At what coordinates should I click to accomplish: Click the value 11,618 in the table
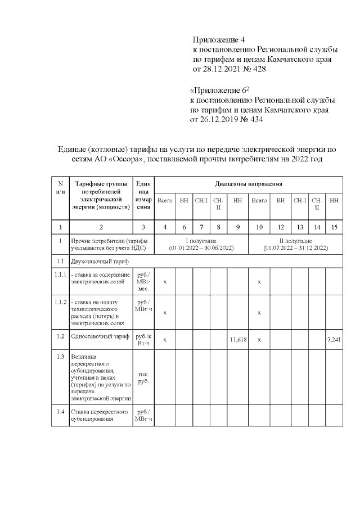239,340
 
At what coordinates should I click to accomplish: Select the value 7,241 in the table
335,340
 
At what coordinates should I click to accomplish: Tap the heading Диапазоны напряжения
248,184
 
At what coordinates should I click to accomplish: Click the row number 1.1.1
60,274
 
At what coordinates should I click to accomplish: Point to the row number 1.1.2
60,303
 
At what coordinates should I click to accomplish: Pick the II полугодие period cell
295,244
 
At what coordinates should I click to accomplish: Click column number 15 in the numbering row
334,227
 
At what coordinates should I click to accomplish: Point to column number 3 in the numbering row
143,227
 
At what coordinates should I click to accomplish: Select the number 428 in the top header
258,70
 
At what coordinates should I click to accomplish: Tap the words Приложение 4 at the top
219,40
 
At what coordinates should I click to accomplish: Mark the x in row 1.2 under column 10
259,340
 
